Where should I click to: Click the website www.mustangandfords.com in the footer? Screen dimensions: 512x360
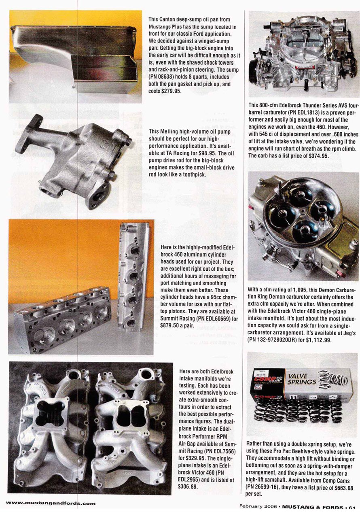point(51,503)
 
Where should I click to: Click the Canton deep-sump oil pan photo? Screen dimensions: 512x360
point(75,57)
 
